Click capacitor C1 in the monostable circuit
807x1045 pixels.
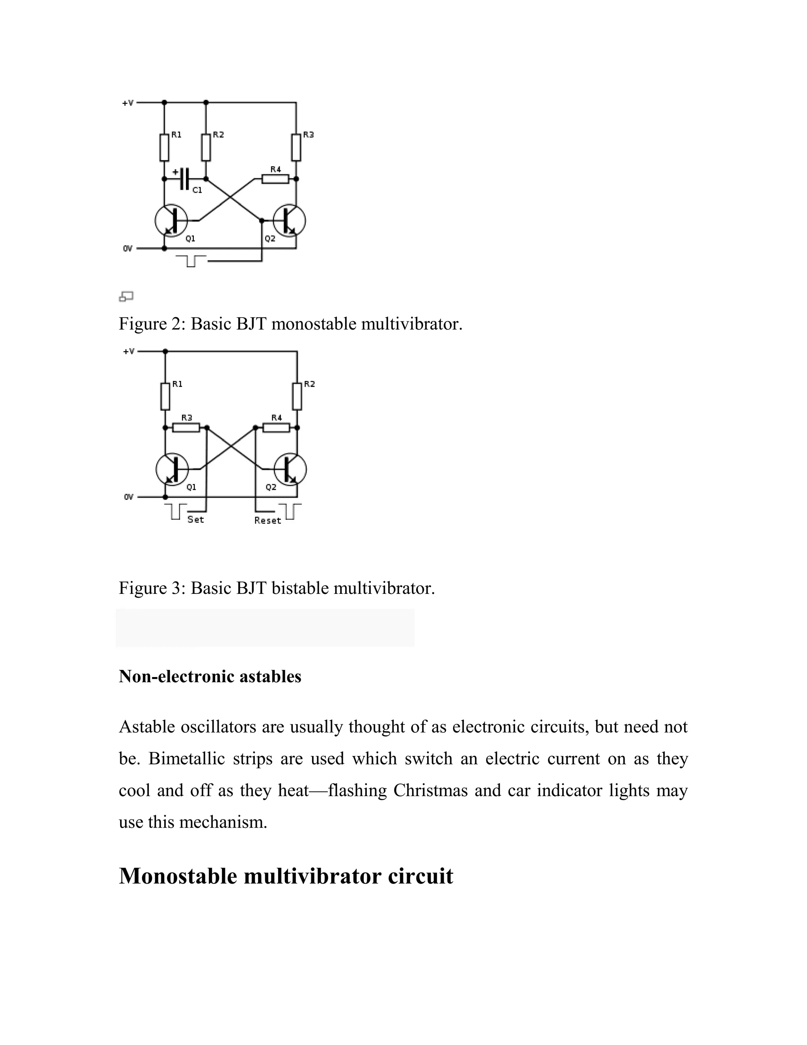(186, 179)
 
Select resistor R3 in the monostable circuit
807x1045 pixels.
(296, 147)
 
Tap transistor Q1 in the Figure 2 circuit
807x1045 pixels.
(171, 220)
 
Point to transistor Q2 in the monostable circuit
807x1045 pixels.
(290, 220)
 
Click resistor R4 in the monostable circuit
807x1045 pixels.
(275, 179)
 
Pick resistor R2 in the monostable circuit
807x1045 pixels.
(206, 147)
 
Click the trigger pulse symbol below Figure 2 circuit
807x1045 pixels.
(191, 261)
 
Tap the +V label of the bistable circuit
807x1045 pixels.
(128, 351)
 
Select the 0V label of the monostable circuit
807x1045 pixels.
(128, 248)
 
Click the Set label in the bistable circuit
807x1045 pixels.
(195, 520)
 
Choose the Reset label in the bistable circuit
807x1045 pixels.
(267, 521)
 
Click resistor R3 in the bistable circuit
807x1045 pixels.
(186, 427)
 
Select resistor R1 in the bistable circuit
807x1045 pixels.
(165, 396)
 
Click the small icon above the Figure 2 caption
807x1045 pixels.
(126, 297)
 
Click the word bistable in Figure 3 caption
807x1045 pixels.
(300, 588)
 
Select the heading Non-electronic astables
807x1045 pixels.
(210, 676)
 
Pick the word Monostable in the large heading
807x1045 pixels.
(178, 876)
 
